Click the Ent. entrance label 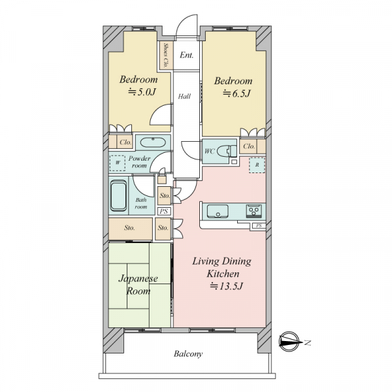click(186, 55)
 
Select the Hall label click(184, 96)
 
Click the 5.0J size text click(142, 92)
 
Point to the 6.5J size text click(237, 93)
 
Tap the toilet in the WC click(227, 152)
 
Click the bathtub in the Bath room click(118, 196)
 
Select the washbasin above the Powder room click(153, 142)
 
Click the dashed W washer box click(118, 163)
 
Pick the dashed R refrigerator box click(257, 165)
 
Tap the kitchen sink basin click(218, 211)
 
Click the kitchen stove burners click(253, 211)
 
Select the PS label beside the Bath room click(164, 211)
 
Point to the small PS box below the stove click(259, 226)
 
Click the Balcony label click(188, 353)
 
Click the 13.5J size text click(226, 286)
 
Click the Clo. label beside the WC click(249, 146)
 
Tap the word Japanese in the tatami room click(139, 278)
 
